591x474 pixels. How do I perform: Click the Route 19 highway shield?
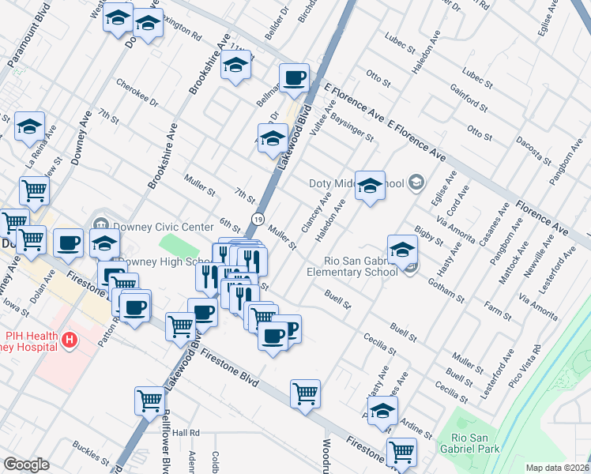point(258,218)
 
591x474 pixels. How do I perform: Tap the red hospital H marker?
point(70,340)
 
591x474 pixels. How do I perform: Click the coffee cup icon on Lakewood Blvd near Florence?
point(294,79)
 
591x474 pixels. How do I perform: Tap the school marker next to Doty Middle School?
point(369,186)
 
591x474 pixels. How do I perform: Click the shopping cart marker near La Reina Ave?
point(34,190)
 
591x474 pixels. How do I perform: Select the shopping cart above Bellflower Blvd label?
point(149,401)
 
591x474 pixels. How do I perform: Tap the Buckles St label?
point(92,454)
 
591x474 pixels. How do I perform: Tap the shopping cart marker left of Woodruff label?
point(305,393)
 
